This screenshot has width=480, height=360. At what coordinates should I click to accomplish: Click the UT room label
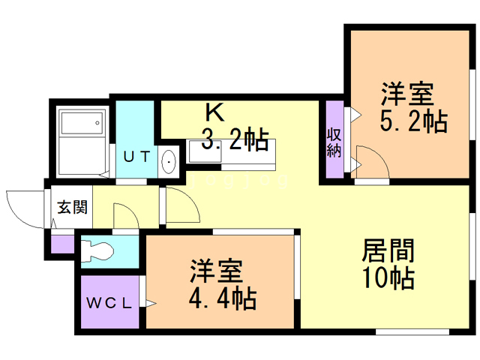pos(136,157)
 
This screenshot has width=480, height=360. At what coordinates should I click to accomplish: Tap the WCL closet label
pos(109,303)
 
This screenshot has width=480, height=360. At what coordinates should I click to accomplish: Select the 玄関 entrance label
pos(73,207)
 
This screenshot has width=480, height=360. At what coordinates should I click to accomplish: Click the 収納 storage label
pos(334,143)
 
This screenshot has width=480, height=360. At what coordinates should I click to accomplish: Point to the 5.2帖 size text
pos(413,121)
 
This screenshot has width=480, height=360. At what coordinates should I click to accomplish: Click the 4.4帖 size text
pos(223,298)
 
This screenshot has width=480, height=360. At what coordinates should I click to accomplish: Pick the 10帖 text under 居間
pos(388,278)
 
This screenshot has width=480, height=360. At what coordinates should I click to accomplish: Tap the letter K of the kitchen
pos(215,112)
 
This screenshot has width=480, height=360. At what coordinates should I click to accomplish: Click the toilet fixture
pos(97,251)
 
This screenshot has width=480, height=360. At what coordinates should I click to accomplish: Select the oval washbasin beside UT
pos(169,161)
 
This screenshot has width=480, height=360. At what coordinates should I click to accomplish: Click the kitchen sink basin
pos(205,151)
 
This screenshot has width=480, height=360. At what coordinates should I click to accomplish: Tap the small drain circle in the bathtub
pos(97,123)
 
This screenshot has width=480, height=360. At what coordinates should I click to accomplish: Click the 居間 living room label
pos(388,250)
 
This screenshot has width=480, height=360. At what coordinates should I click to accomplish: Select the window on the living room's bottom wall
pos(412,331)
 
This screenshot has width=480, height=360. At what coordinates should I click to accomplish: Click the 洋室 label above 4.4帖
pos(217,271)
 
